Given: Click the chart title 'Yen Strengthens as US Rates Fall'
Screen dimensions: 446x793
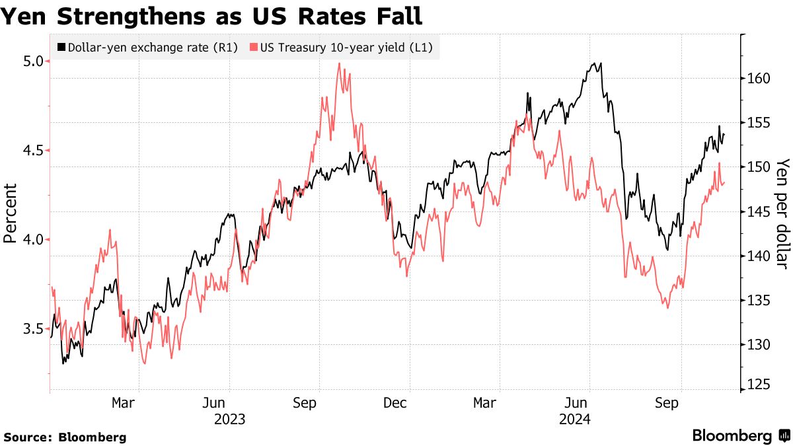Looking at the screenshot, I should click(211, 16).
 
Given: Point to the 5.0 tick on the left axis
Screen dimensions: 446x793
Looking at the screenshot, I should click(33, 61).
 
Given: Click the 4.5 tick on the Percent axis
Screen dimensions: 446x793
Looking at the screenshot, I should click(33, 151).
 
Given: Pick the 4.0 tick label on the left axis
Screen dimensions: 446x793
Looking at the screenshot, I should click(33, 240).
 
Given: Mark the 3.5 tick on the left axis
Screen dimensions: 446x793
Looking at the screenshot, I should click(33, 329).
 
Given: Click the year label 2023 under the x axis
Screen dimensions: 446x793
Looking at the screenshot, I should click(229, 419).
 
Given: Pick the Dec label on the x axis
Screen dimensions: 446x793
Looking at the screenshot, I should click(395, 402).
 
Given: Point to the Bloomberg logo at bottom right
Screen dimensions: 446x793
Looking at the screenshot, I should click(740, 435).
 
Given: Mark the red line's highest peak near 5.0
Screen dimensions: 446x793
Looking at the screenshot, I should click(339, 63).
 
